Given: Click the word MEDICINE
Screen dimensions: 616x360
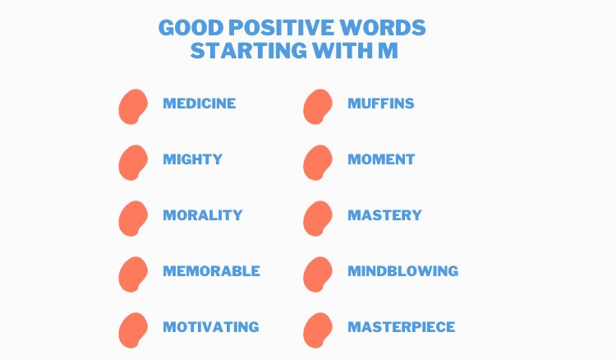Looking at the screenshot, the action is (x=200, y=104).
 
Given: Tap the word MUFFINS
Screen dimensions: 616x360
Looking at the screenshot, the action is (x=380, y=104).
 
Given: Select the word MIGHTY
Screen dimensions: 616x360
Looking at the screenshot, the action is (x=192, y=159).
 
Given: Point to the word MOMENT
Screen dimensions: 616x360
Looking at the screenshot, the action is (x=381, y=159).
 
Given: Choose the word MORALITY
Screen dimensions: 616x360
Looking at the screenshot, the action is (x=203, y=215).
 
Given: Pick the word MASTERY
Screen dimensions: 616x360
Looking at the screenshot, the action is (x=384, y=215).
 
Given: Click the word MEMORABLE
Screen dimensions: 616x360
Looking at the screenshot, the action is (x=211, y=270).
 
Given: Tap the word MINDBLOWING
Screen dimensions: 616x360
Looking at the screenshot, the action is (x=402, y=270).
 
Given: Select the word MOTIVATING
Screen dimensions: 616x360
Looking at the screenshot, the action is (x=211, y=326).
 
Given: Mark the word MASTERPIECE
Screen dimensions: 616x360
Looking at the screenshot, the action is (x=401, y=326).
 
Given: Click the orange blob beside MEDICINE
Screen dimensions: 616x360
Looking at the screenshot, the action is (x=133, y=107).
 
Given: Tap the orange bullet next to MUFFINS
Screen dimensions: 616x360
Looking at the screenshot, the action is (x=318, y=107).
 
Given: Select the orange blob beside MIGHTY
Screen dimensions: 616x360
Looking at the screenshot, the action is (x=133, y=162).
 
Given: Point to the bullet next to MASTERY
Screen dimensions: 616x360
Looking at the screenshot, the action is (x=318, y=218).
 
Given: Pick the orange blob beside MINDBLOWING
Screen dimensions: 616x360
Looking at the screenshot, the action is (x=318, y=274).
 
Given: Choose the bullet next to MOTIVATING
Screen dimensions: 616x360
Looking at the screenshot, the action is (x=133, y=330).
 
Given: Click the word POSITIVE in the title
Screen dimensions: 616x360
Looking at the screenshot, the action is (x=281, y=27).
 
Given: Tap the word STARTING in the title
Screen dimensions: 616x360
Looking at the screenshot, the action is (x=249, y=51).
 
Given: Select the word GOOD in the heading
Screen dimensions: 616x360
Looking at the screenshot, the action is (x=191, y=27).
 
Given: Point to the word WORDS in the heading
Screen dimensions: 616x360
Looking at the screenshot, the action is (x=382, y=27).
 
